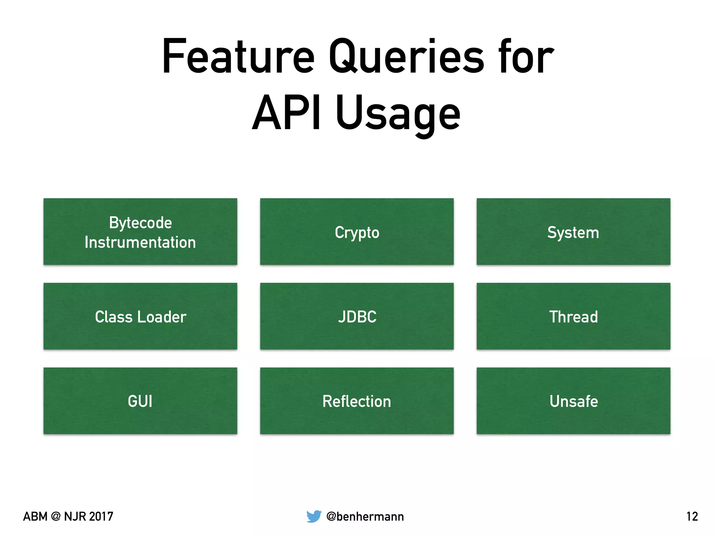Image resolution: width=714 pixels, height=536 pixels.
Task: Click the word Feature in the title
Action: [238, 57]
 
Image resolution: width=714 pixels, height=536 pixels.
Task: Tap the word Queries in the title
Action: [407, 57]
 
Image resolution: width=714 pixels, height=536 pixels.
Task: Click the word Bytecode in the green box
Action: [140, 223]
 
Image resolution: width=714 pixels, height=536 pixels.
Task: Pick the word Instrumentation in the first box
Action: [140, 243]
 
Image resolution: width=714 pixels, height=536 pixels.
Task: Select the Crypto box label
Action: [357, 233]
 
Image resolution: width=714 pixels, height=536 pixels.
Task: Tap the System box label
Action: [573, 233]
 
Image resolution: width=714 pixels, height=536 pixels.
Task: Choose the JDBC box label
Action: [357, 317]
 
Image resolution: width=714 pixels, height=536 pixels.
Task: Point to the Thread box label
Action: [574, 317]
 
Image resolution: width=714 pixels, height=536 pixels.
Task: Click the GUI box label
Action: [140, 401]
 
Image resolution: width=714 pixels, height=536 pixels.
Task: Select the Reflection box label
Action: [357, 401]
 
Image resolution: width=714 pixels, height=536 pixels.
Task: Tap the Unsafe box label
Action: [574, 401]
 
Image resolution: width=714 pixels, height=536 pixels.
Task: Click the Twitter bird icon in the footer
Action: [314, 516]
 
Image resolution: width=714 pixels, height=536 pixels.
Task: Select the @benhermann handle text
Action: [365, 516]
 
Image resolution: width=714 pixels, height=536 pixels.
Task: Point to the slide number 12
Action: [692, 516]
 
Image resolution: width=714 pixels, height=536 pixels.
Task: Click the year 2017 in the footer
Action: [101, 516]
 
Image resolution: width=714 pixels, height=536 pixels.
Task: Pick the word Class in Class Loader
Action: [114, 317]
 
